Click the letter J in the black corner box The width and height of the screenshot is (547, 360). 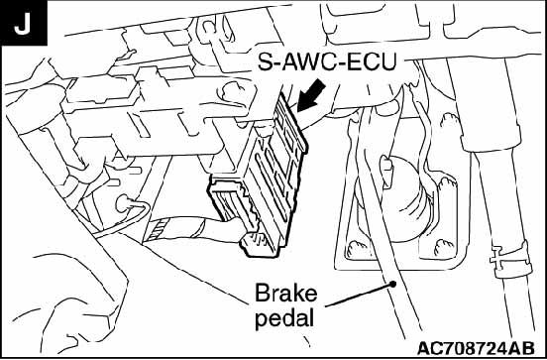click(22, 25)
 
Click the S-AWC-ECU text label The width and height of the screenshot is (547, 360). click(327, 61)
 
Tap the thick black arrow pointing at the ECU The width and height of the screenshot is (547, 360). click(311, 95)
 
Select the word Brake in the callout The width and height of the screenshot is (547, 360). click(286, 294)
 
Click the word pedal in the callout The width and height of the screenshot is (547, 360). click(284, 318)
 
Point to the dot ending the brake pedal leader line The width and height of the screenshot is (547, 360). click(393, 285)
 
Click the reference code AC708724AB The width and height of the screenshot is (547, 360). click(476, 348)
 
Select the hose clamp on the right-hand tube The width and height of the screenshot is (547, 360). click(510, 259)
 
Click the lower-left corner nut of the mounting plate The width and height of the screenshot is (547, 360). click(356, 249)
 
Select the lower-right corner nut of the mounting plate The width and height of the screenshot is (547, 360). click(444, 247)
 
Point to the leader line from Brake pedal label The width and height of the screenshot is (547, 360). click(360, 296)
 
